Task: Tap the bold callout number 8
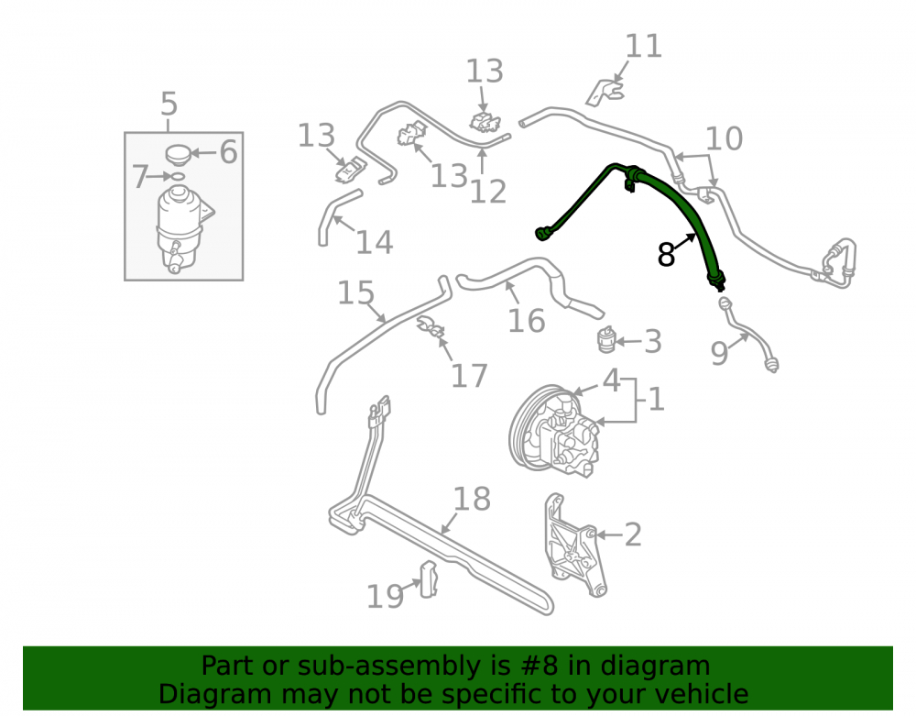tap(666, 254)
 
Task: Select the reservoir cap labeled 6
tap(179, 154)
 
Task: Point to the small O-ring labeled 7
tap(178, 176)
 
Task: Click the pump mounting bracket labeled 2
tap(576, 545)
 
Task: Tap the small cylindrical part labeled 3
tap(606, 339)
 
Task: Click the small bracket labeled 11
tap(605, 93)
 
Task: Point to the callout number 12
tap(488, 192)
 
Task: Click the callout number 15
tap(355, 292)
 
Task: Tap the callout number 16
tap(527, 320)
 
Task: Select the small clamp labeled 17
tap(431, 327)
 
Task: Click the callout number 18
tap(472, 499)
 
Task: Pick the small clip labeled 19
tap(428, 579)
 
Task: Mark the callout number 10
tap(724, 138)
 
